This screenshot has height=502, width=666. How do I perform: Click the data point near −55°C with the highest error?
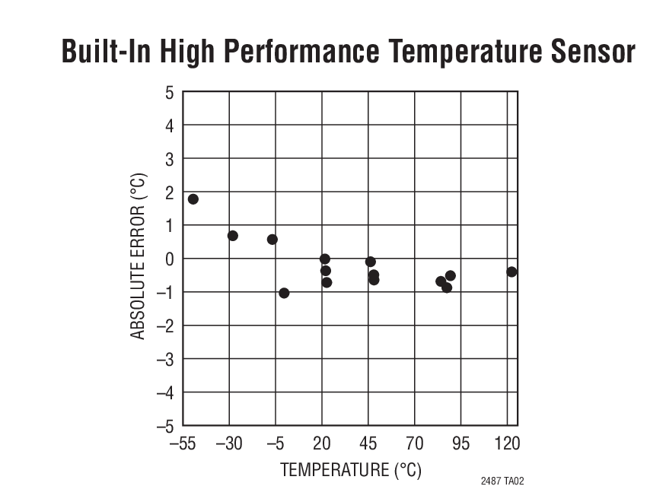[x=193, y=199]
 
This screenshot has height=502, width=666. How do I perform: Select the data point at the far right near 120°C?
[x=511, y=272]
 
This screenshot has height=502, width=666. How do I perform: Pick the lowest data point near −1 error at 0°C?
[x=284, y=293]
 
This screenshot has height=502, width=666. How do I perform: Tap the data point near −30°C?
[x=233, y=236]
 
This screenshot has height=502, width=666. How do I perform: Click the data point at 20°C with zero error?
[x=325, y=259]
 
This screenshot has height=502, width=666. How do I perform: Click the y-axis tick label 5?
[x=169, y=92]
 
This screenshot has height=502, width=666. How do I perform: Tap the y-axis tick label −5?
[x=164, y=426]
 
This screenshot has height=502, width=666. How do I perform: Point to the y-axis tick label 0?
[x=169, y=259]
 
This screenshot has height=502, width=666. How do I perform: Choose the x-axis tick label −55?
[x=182, y=443]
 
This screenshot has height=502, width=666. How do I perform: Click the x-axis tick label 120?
[x=507, y=443]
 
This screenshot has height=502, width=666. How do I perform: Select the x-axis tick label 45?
[x=368, y=443]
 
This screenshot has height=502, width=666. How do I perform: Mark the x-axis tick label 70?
[x=415, y=443]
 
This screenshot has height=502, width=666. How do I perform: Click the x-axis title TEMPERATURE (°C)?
[x=351, y=469]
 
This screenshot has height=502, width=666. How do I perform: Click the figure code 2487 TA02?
[x=502, y=481]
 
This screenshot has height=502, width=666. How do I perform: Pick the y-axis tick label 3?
[x=169, y=159]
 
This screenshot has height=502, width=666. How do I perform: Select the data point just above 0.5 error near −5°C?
[x=272, y=240]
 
